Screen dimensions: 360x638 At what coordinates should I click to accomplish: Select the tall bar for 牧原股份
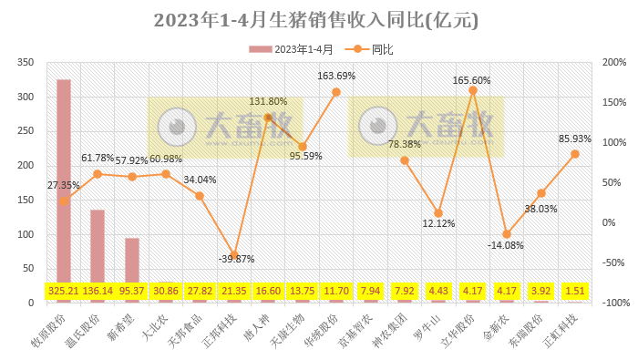pyautogui.click(x=64, y=182)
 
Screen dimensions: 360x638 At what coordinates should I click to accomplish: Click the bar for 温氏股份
pyautogui.click(x=98, y=246)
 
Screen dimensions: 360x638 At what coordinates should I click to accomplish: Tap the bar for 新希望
pyautogui.click(x=132, y=260)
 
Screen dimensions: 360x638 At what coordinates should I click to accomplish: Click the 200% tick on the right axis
pyautogui.click(x=612, y=63)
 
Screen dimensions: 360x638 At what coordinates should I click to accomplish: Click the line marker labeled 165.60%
pyautogui.click(x=473, y=90)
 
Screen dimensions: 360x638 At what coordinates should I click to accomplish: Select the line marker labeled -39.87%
pyautogui.click(x=234, y=254)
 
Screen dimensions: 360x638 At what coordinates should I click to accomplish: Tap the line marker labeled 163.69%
pyautogui.click(x=336, y=92)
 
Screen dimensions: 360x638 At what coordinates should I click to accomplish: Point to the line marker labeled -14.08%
pyautogui.click(x=507, y=234)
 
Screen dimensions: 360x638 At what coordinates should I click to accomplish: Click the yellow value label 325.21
pyautogui.click(x=64, y=292)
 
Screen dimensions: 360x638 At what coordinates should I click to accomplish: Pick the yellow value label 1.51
pyautogui.click(x=575, y=292)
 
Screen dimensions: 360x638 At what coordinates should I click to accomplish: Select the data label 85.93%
pyautogui.click(x=575, y=139)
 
